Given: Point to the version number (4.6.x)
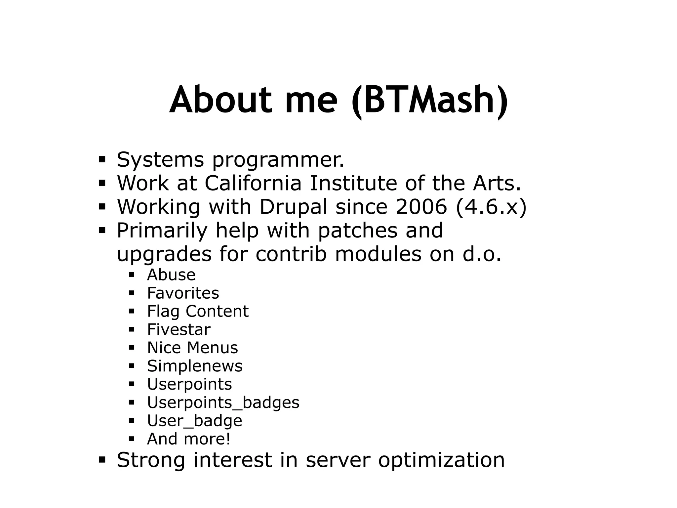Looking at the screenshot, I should tap(491, 207).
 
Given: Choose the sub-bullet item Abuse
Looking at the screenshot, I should tap(171, 275).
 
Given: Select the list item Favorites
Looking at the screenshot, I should tap(183, 293).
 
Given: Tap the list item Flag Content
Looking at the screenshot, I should tap(198, 312).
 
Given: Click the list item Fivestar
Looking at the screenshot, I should tap(179, 330).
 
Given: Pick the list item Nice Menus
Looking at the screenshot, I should tap(192, 348).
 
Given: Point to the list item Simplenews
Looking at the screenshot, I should tap(195, 366).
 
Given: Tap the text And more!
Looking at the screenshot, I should tap(188, 439).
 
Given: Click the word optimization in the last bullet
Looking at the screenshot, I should tap(441, 460).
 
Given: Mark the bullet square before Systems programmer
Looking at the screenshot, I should tap(102, 160).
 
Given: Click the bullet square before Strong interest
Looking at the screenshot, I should tap(102, 460).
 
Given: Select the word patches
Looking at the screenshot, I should tap(357, 231).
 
